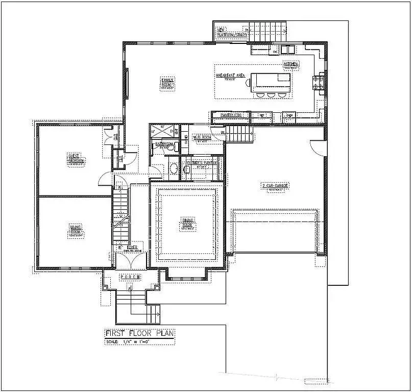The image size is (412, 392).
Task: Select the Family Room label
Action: (167, 83)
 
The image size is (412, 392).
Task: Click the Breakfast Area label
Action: (231, 76)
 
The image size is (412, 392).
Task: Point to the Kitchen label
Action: (291, 65)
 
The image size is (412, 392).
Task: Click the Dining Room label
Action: (187, 224)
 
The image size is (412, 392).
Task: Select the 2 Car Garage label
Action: (275, 187)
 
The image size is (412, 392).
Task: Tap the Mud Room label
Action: (202, 138)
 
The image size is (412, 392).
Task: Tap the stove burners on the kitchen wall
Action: (321, 82)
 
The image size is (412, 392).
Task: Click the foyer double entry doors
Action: (131, 260)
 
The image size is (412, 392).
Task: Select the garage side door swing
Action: (318, 148)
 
